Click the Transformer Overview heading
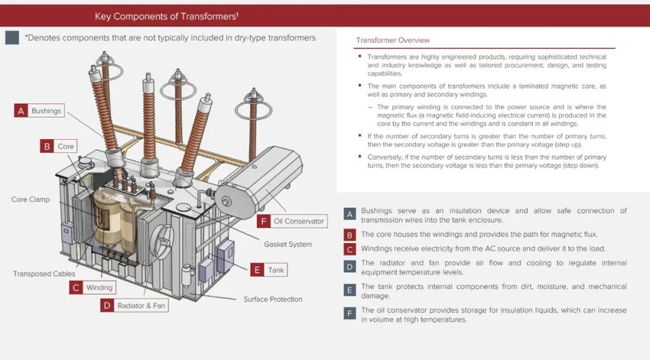(x=393, y=40)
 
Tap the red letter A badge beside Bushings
(x=21, y=110)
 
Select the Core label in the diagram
(x=66, y=146)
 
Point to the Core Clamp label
(x=31, y=199)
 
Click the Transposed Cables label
(x=44, y=274)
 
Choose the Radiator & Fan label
(x=141, y=305)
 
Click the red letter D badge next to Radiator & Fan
(x=107, y=305)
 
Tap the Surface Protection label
(x=273, y=299)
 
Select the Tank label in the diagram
(x=276, y=270)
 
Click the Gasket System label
(x=288, y=244)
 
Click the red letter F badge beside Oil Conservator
(x=264, y=221)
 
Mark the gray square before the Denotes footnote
(x=12, y=38)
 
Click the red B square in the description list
(x=350, y=235)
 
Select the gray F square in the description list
(x=350, y=313)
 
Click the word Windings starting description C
(x=376, y=249)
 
